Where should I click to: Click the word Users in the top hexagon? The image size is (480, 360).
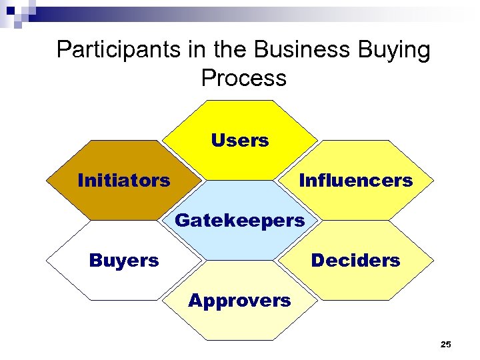[x=240, y=141]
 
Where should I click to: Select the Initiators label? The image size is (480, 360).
[x=124, y=181]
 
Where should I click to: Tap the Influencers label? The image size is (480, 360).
[x=356, y=181]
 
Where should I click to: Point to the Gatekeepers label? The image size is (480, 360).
[x=239, y=220]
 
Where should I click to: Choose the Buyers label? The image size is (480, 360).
[x=124, y=260]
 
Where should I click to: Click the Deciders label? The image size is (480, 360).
[x=355, y=260]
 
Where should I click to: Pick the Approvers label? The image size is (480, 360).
[x=239, y=301]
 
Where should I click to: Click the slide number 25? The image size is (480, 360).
[x=446, y=345]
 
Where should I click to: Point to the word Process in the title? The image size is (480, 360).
[x=243, y=78]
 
